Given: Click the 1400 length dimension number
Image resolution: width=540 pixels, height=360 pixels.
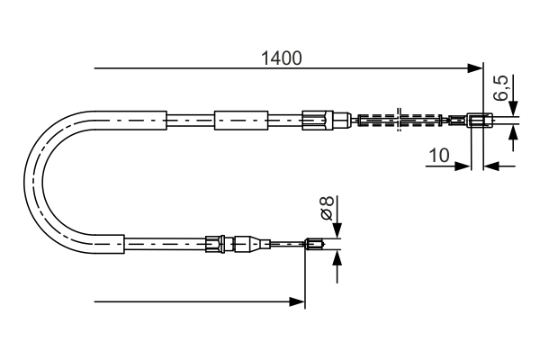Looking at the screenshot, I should [x=281, y=58].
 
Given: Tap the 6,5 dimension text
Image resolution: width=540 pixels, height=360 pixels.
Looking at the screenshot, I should [x=502, y=90].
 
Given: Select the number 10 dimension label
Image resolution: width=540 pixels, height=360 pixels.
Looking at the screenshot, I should [x=439, y=155].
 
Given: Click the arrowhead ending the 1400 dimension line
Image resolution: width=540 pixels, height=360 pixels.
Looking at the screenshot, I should [x=476, y=68].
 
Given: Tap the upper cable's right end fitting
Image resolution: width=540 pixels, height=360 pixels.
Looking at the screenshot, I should [x=480, y=120].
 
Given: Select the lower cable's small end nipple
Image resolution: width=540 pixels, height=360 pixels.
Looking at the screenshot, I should [x=314, y=243].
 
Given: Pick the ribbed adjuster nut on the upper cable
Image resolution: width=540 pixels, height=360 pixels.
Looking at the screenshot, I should [x=315, y=120].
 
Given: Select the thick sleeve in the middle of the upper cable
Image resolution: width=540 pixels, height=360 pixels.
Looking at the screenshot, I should [x=241, y=120].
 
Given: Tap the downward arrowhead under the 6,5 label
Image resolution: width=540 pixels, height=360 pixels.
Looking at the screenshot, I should [x=514, y=109].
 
